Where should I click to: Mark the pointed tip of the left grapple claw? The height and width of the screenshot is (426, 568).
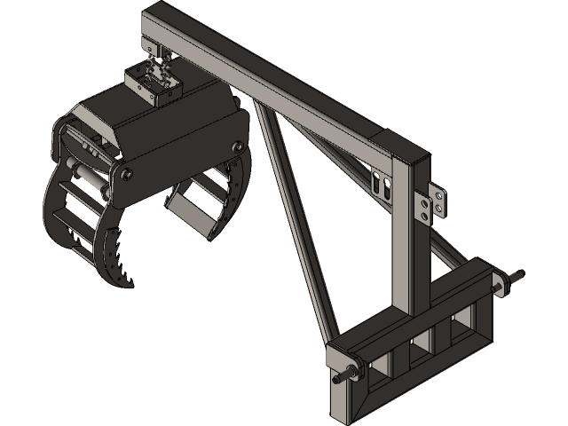131,285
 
